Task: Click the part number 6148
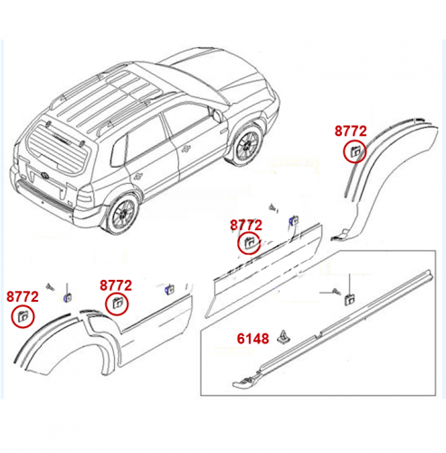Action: click(252, 339)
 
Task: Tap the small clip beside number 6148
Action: click(284, 337)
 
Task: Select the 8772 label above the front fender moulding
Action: click(351, 131)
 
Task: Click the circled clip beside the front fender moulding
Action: click(355, 151)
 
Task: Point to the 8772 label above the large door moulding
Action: click(246, 226)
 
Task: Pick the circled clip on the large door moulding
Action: click(249, 243)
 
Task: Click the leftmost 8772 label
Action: click(23, 296)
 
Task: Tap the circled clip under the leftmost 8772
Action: click(23, 316)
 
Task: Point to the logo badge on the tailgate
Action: click(44, 175)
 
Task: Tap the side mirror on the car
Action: click(217, 115)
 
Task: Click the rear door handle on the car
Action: click(138, 176)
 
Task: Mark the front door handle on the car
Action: click(186, 148)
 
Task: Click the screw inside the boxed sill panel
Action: click(336, 292)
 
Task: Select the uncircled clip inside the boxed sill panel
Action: click(349, 299)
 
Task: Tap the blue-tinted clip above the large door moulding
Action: click(294, 220)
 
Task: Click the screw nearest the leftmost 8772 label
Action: click(50, 286)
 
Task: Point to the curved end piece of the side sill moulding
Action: click(246, 381)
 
